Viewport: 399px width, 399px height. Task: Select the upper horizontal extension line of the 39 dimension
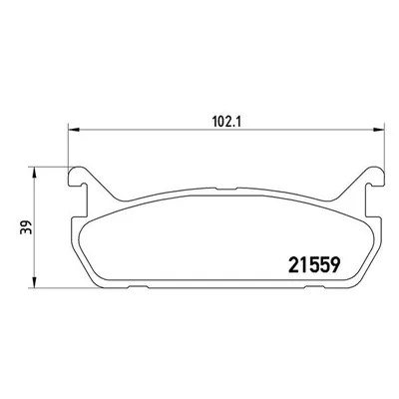tap(50, 167)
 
